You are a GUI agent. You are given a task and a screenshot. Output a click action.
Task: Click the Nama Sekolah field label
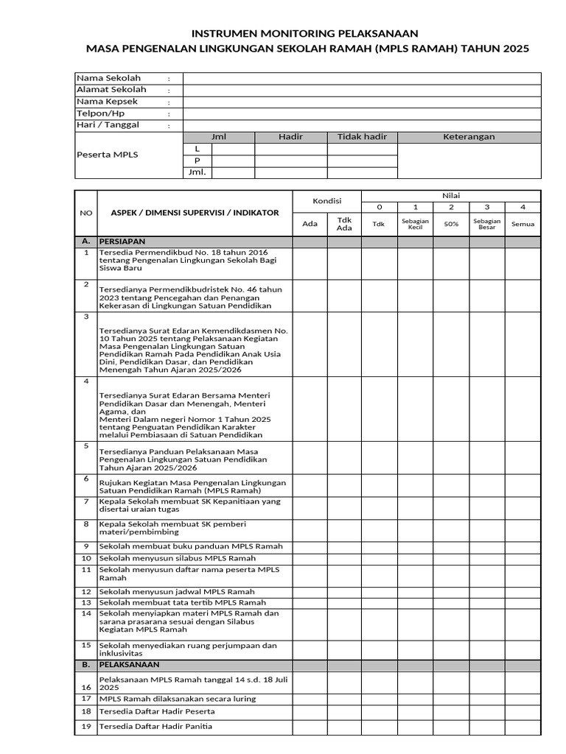108,78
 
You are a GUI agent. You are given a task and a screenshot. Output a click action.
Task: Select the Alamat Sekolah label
111,90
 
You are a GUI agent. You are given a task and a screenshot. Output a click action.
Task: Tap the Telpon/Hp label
101,113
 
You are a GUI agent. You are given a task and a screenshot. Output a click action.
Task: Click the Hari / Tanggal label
108,125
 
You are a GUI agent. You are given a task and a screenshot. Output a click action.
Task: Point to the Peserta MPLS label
108,155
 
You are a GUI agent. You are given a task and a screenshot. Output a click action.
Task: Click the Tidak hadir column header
362,137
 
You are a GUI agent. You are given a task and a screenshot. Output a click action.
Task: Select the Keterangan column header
469,137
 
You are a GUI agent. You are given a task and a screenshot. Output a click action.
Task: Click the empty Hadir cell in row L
290,149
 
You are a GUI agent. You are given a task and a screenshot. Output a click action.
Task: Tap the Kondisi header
326,201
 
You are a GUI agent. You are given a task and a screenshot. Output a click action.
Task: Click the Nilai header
450,195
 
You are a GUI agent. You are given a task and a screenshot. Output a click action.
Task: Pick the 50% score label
451,224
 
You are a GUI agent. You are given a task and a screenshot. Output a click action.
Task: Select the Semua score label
523,224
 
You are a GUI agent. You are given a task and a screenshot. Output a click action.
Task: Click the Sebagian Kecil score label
416,224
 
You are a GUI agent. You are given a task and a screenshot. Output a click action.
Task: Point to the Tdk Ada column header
344,224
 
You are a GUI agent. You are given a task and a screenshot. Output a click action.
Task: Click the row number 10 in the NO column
86,558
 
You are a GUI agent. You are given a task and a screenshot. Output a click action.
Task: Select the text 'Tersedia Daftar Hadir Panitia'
156,727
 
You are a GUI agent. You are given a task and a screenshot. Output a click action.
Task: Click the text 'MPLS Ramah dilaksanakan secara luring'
178,698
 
